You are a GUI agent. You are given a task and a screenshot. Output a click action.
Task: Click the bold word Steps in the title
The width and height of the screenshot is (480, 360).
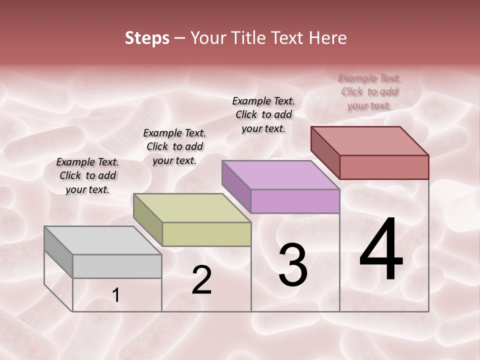pos(147,38)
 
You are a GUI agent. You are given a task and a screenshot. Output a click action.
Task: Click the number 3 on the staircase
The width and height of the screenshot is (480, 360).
pos(293,265)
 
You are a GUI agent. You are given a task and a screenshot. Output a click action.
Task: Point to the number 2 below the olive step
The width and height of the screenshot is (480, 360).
pos(201,280)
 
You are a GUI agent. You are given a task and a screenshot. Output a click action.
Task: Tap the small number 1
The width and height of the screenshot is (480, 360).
pos(116,295)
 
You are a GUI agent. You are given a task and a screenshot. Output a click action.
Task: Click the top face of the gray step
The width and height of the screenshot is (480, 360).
pos(103,240)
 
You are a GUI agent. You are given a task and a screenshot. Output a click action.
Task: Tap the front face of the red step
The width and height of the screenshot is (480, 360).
pos(384,167)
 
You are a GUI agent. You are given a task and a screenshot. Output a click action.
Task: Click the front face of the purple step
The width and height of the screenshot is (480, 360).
pos(295,201)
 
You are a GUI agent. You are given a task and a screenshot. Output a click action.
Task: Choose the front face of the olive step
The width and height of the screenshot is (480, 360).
pos(206,234)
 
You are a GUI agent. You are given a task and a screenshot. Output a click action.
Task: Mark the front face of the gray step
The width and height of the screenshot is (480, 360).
pos(117,266)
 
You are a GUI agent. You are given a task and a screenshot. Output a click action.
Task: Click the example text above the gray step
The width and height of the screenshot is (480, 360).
pos(87,175)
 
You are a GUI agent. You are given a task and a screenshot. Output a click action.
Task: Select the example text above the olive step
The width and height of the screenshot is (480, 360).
pos(174,146)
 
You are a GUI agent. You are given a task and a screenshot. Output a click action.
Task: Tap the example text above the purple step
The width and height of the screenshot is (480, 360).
pos(263,114)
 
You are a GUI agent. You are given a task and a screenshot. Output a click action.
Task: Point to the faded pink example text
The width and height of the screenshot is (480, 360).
pos(369,91)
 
